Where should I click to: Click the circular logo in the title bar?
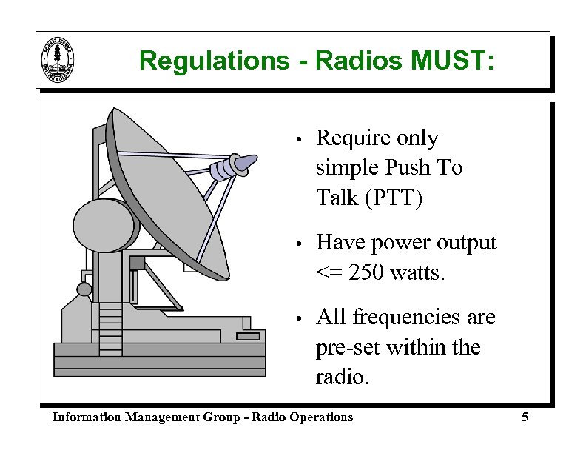[x=58, y=60]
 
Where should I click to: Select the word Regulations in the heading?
[x=214, y=61]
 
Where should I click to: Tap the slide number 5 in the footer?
[x=525, y=417]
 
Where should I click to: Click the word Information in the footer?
[x=87, y=417]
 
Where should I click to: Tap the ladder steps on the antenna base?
[x=110, y=318]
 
